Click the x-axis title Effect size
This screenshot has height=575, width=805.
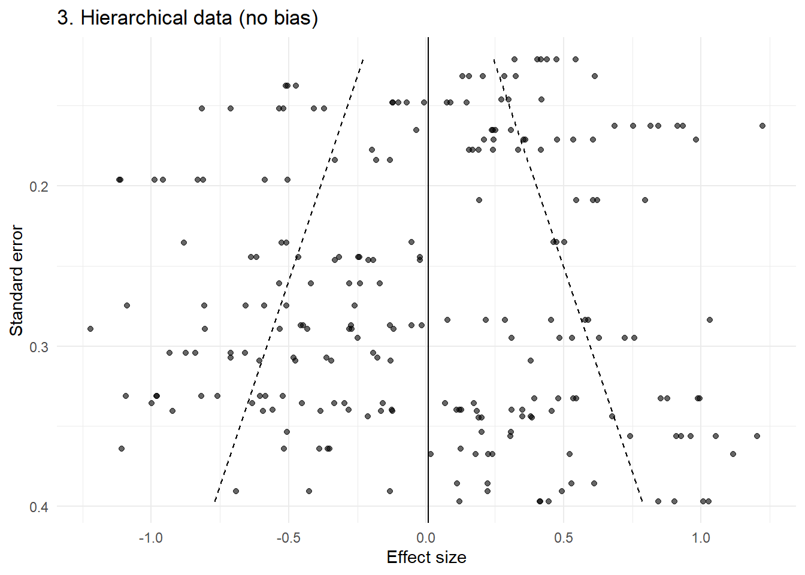pyautogui.click(x=426, y=558)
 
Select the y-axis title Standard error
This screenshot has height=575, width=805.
pyautogui.click(x=17, y=280)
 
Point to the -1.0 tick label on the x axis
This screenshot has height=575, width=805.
pyautogui.click(x=150, y=538)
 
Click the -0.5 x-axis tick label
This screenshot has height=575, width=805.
pyautogui.click(x=288, y=538)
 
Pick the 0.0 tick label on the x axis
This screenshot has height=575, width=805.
pyautogui.click(x=426, y=538)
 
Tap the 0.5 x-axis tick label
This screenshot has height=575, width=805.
pyautogui.click(x=564, y=538)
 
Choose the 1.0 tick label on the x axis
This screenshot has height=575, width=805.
pyautogui.click(x=701, y=538)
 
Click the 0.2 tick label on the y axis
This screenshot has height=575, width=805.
pyautogui.click(x=39, y=186)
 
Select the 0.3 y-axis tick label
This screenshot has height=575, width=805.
pyautogui.click(x=39, y=347)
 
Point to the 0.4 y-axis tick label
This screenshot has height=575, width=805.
pyautogui.click(x=39, y=507)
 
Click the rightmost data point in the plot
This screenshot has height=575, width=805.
pyautogui.click(x=762, y=126)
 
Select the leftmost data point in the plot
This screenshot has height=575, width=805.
pyautogui.click(x=90, y=329)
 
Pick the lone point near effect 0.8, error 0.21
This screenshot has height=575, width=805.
pyautogui.click(x=645, y=200)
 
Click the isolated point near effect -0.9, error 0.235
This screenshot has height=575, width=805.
pyautogui.click(x=184, y=243)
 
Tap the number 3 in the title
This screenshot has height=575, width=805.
pyautogui.click(x=62, y=18)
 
